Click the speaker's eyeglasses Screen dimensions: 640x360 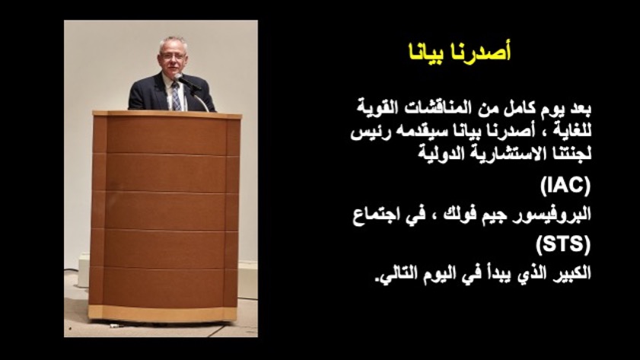(x=173, y=56)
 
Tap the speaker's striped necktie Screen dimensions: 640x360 (x=176, y=97)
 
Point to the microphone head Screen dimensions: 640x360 (x=178, y=77)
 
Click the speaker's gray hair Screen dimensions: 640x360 (x=173, y=43)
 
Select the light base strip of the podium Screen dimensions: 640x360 (x=163, y=313)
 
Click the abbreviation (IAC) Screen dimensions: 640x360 (x=565, y=185)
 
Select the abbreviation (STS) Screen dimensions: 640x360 (x=563, y=244)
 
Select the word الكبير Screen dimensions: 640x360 (x=572, y=272)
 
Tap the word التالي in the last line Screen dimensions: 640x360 (x=393, y=273)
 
